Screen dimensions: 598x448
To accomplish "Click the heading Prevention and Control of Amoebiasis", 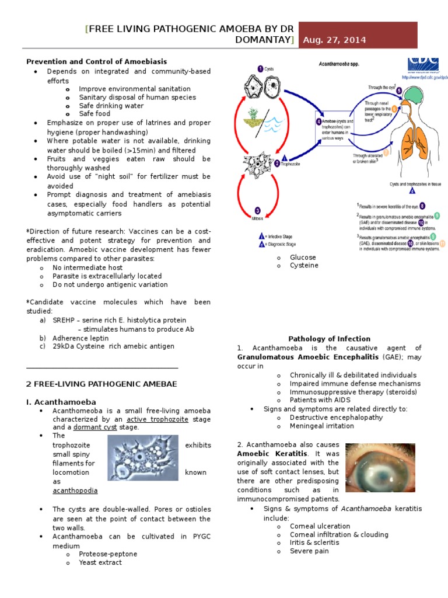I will [97, 61].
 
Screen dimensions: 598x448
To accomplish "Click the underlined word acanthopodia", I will [75, 491].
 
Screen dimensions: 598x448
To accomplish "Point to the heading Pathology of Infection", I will [329, 339].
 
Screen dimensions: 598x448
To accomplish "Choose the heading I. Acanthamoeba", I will [61, 402].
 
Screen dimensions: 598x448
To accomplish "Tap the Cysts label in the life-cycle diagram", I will [269, 69].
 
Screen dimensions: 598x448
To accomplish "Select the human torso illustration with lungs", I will [414, 128].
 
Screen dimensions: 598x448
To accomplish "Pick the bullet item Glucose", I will [303, 257].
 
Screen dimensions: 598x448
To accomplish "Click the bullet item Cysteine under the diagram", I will [304, 265].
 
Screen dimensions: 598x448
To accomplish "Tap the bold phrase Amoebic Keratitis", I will [271, 454].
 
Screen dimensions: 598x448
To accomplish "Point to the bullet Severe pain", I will [309, 551].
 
